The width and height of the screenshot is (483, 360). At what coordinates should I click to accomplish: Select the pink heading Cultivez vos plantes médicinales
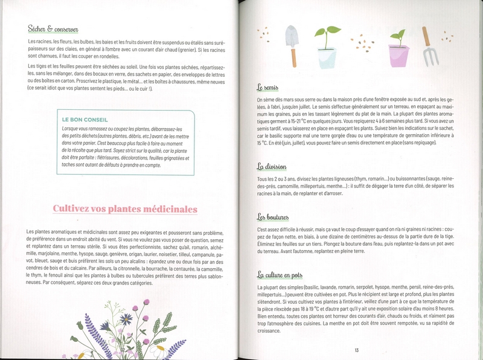125,210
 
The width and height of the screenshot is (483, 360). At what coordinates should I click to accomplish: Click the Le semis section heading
267,88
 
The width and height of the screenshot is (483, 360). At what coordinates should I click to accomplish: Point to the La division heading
272,167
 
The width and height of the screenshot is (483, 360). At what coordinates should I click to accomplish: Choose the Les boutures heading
273,217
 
